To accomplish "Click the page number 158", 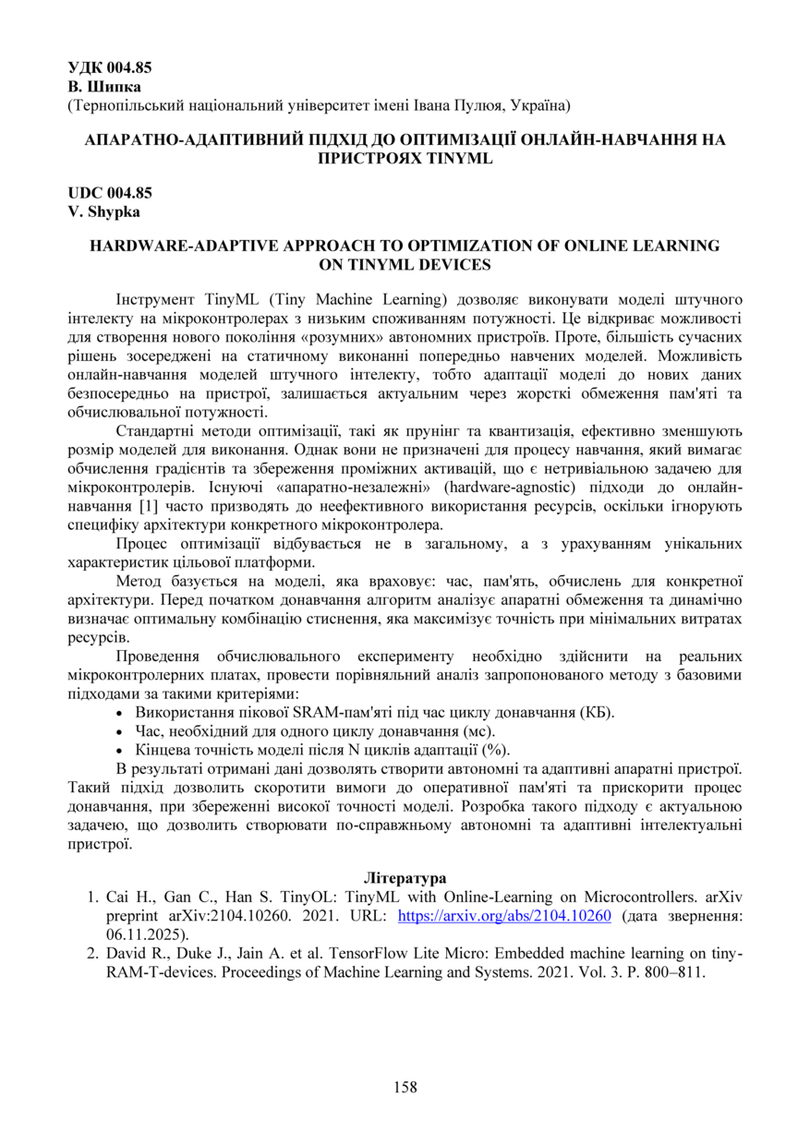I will pos(405,1087).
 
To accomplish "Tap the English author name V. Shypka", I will pos(102,211).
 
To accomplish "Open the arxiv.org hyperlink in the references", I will pos(504,916).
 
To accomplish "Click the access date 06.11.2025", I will pos(145,934).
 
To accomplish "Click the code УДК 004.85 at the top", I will pos(110,66).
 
